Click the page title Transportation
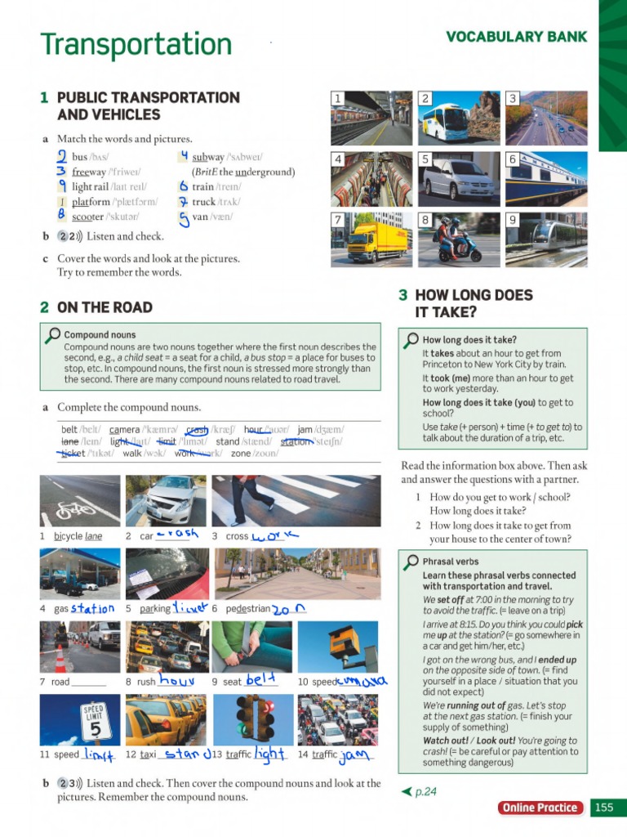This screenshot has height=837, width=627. pos(136,44)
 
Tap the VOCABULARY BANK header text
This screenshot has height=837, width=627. pos(516,37)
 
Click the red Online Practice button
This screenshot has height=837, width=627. pos(540,808)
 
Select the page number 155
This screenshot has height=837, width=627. pos(603,808)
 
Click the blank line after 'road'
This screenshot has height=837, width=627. pos(89,682)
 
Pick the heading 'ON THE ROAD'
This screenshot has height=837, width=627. pos(104,307)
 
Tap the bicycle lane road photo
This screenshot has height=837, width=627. pos(79,500)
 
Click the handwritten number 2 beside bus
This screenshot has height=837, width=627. pos(62,156)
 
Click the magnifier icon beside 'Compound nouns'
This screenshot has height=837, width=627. pos(52,335)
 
